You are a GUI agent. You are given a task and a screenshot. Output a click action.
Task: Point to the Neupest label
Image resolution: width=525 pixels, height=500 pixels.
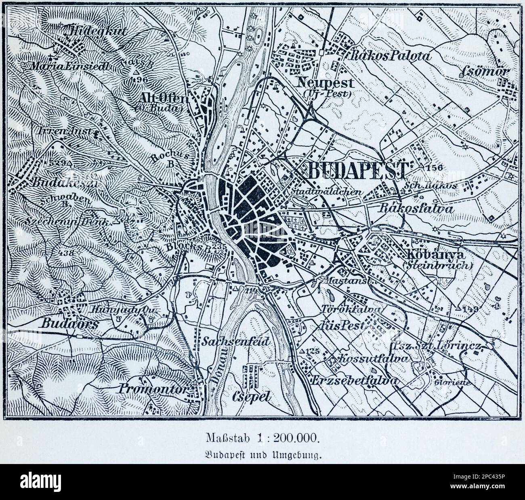(331, 83)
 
